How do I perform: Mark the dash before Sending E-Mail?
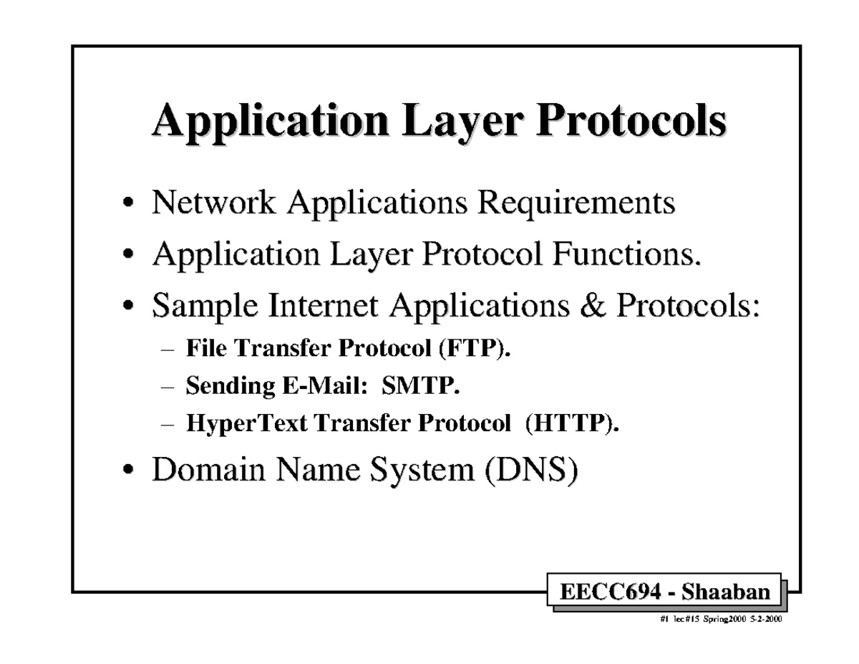point(168,388)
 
